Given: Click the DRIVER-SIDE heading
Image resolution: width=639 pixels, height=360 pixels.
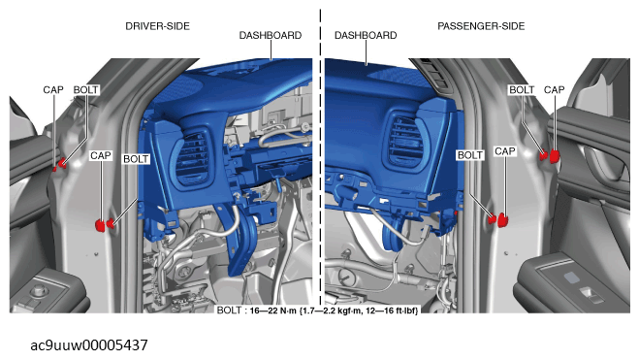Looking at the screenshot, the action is pos(157,26).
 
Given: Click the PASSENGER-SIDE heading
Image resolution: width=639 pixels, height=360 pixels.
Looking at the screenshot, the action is pos(481,26).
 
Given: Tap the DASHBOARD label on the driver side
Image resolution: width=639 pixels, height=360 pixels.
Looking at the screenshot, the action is pos(271,36).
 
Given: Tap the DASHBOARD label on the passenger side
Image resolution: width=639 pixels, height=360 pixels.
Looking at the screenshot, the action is pos(366,36).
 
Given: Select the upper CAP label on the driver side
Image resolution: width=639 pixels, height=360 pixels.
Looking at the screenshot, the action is pos(53,89).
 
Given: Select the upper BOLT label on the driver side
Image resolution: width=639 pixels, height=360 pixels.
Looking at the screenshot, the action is pos(86,89).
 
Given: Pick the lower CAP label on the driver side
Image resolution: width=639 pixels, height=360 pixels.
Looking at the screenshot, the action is pos(101,156).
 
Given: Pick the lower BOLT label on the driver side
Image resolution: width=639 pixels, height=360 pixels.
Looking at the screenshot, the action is pos(136,159).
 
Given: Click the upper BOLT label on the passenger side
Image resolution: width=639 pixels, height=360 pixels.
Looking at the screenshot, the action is pos(522,89).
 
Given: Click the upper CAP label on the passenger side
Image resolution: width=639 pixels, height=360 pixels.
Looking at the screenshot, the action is pos(555,89).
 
